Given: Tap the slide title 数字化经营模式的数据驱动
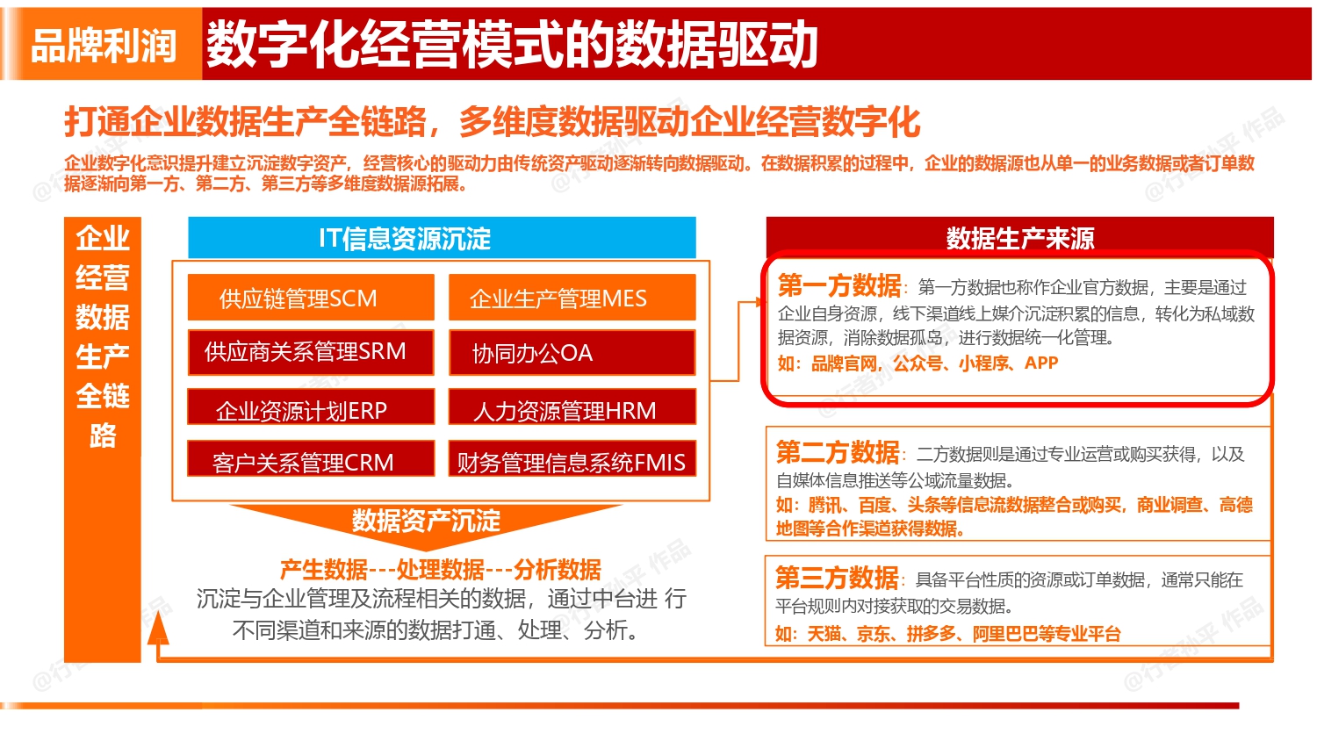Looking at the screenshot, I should click(512, 45).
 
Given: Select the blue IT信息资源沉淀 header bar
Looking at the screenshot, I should click(442, 238).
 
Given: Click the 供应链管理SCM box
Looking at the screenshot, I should click(311, 299).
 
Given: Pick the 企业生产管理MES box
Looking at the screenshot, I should click(572, 299).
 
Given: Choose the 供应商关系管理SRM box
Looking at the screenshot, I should click(311, 352).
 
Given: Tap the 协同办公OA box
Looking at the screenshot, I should click(572, 353).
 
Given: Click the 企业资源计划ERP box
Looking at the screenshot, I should click(311, 409).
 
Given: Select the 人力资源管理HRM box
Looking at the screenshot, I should click(572, 409).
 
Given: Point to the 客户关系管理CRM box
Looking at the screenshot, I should click(311, 460).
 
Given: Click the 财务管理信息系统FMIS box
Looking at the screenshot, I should click(572, 460).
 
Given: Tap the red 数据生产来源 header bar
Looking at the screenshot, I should click(1019, 238).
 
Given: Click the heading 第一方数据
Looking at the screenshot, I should click(839, 285).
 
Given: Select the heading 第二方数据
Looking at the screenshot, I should click(838, 452).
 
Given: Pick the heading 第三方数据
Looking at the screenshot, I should click(837, 578).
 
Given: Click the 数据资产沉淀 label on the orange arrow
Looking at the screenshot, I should click(426, 521).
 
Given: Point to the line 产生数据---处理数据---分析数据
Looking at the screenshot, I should click(440, 570).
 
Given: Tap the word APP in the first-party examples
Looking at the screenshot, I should click(1041, 363).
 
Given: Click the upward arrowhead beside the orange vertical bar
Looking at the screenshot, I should click(158, 629).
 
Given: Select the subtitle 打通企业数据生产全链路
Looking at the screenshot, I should click(246, 122).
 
